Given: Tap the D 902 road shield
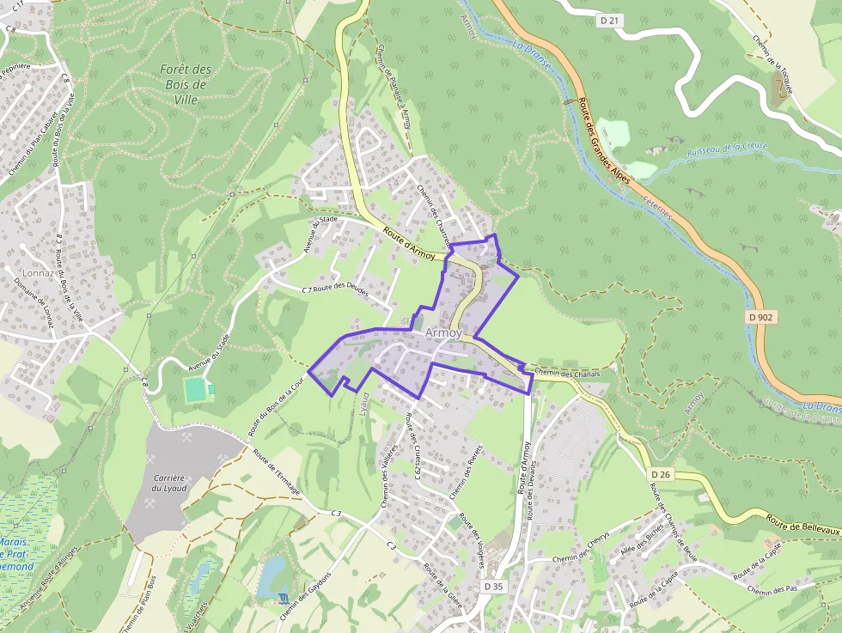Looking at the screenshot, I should pos(761,317).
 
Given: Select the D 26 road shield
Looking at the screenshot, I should pos(660,474).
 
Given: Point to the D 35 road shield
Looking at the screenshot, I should pos(492,586).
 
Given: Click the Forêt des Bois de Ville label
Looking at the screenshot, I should pos(185,84).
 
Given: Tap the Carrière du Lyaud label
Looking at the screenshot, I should pos(168,483).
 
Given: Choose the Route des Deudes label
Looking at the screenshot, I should pos(341,289).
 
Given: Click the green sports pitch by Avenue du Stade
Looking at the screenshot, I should pos(196,390).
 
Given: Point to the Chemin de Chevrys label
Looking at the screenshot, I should pos(581,537).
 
